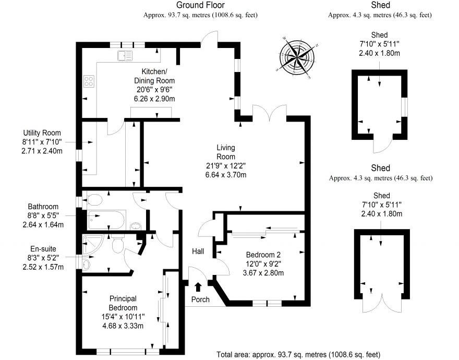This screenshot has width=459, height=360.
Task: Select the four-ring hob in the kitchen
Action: coord(89,81)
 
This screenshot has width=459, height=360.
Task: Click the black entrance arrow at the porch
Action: coord(198,286)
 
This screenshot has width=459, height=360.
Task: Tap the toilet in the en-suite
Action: coord(117,243)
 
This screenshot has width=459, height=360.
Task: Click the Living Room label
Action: coord(225,152)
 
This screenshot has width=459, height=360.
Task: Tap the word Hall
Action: coord(198,251)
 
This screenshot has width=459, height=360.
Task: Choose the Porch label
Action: coord(200,299)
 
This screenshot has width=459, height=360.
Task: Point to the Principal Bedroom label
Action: coord(123,303)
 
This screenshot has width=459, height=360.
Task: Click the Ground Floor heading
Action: coord(200,5)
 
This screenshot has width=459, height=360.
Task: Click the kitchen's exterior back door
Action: coord(210,38)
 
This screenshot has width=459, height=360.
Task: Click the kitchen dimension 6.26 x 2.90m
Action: coord(154,99)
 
